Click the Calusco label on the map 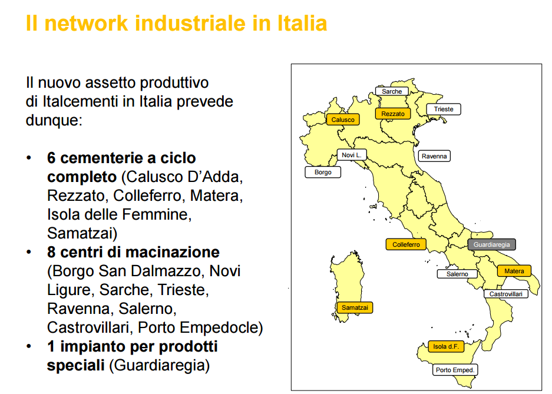click(343, 120)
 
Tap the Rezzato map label click(393, 114)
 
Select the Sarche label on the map click(392, 91)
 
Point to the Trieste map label click(444, 109)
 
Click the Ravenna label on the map click(434, 156)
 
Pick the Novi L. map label click(352, 155)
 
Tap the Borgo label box click(323, 172)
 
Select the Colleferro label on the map click(406, 244)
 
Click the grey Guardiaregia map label click(491, 244)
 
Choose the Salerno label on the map click(457, 274)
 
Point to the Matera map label click(514, 271)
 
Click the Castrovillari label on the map click(506, 294)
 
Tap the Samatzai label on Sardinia click(355, 307)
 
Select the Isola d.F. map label click(446, 346)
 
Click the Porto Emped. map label click(455, 370)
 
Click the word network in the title click(86, 23)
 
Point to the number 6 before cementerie click(51, 158)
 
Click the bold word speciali click(75, 365)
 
